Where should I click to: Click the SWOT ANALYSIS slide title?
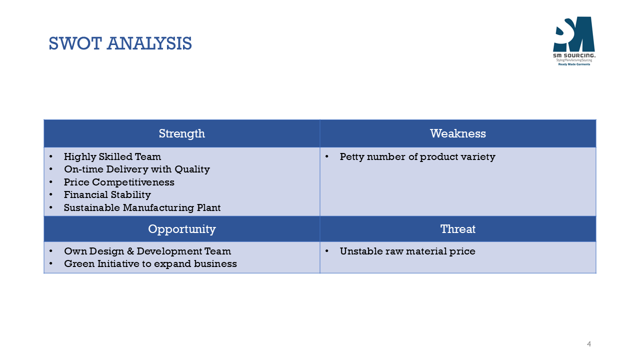[120, 43]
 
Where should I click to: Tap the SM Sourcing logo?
[574, 41]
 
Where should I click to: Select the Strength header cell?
[181, 133]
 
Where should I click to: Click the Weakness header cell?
[458, 133]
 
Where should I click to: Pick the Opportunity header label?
[181, 229]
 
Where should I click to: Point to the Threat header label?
[458, 229]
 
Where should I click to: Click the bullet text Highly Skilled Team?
[112, 156]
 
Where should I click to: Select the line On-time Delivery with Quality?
[137, 169]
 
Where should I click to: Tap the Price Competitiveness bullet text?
[119, 182]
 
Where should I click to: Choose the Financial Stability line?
[107, 194]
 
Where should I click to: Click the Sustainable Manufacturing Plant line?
[142, 207]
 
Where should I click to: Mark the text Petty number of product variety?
[417, 156]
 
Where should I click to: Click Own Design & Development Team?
[147, 251]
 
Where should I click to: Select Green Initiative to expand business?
[150, 263]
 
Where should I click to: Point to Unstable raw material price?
[407, 251]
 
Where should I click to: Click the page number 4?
[589, 343]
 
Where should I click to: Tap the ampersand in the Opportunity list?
[130, 251]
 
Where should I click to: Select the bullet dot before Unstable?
[327, 251]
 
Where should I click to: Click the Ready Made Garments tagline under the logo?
[574, 64]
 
